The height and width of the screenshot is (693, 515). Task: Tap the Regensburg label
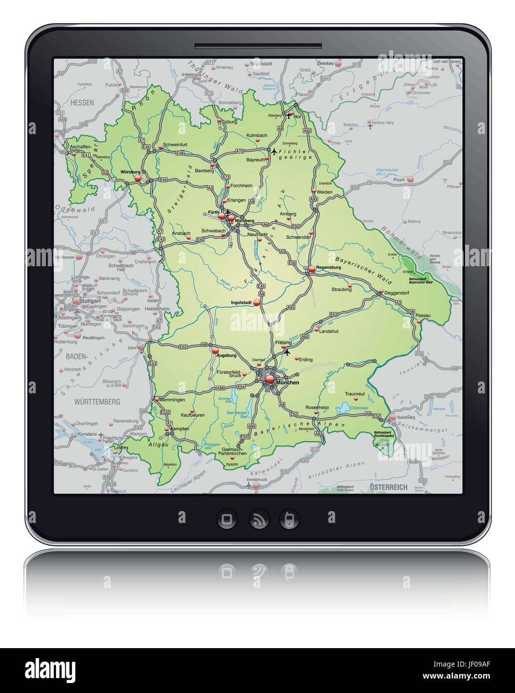tap(328, 267)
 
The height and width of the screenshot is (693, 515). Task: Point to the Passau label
tap(422, 316)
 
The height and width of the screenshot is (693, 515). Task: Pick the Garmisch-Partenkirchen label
tap(233, 451)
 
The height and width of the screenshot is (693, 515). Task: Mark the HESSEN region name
tap(82, 102)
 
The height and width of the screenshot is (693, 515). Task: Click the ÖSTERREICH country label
tap(388, 487)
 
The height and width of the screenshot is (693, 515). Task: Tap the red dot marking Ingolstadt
tap(257, 302)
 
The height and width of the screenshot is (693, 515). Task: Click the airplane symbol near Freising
tap(287, 352)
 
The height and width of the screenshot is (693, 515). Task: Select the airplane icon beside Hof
tap(288, 115)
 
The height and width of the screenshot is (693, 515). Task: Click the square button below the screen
tap(227, 519)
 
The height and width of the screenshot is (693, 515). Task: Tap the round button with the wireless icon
tap(259, 519)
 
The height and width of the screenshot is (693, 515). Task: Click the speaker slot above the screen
tap(257, 46)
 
